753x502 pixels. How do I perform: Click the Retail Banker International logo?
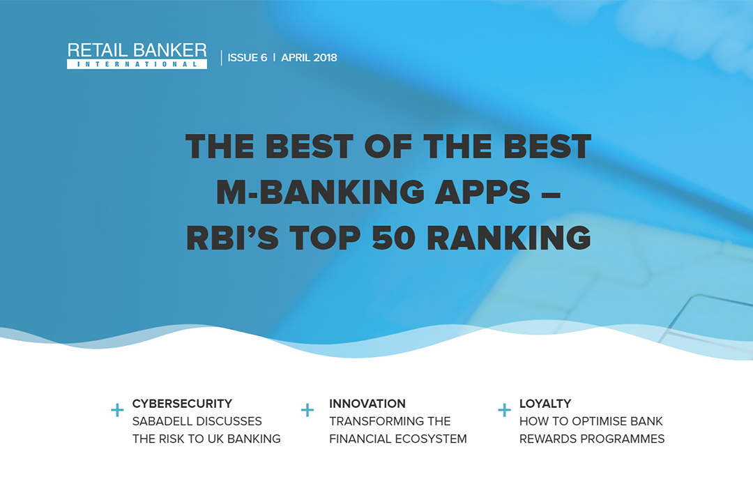click(x=137, y=56)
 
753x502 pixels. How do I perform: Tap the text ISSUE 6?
click(x=248, y=58)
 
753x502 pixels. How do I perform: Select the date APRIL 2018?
click(x=310, y=58)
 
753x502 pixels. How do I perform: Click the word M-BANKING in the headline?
click(x=320, y=192)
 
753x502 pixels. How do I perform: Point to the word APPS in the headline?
click(x=482, y=192)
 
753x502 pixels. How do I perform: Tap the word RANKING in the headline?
click(x=508, y=237)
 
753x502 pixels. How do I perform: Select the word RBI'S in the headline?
click(x=232, y=237)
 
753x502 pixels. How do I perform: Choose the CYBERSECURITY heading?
click(x=182, y=404)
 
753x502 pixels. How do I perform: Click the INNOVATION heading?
click(x=367, y=404)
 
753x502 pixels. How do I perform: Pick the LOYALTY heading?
click(x=545, y=404)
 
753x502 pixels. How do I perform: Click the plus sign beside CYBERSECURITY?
click(x=117, y=410)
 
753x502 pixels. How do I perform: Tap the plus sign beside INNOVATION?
click(x=307, y=410)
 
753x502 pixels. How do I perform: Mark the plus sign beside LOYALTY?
click(x=504, y=410)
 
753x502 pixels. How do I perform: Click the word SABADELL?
click(x=162, y=421)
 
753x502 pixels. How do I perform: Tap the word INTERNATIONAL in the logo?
click(x=137, y=64)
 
